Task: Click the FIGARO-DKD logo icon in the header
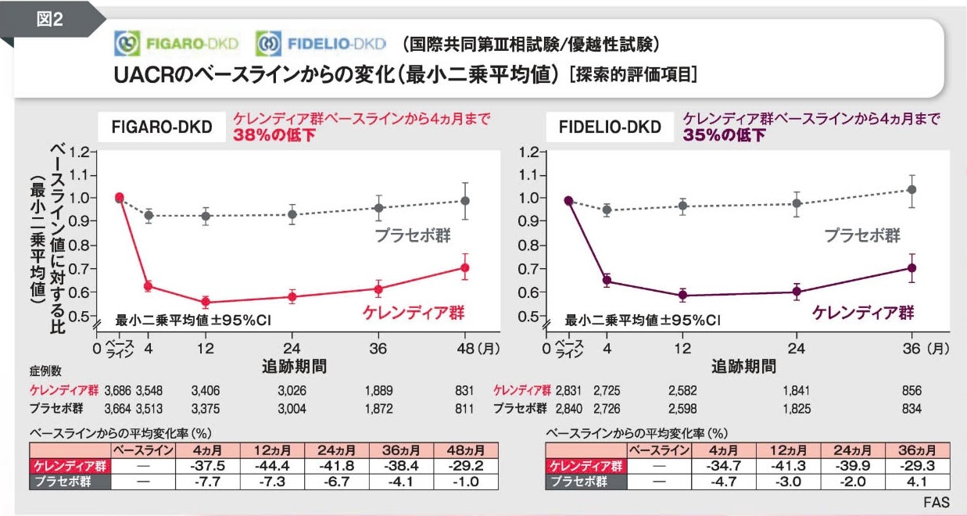click(127, 43)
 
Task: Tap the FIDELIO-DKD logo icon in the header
click(268, 43)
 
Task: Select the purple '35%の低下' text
click(724, 134)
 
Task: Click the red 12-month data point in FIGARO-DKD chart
click(206, 302)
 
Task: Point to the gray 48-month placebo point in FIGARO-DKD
click(464, 201)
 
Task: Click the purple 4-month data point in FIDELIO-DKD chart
click(607, 281)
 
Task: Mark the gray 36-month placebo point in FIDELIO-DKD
click(911, 189)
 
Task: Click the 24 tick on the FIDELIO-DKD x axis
click(797, 349)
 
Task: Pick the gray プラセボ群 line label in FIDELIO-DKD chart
click(862, 235)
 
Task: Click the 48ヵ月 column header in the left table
click(465, 450)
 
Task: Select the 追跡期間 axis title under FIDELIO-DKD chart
click(743, 366)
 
